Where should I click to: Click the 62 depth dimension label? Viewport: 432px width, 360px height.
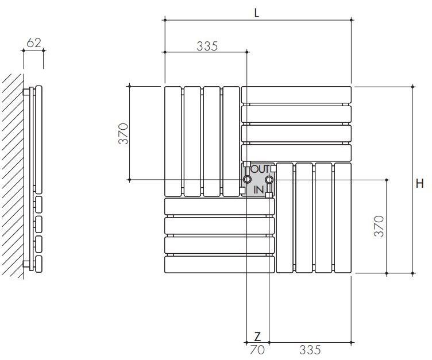[34, 42]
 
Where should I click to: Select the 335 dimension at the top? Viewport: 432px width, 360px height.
[207, 47]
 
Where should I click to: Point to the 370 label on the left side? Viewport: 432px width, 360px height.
[124, 133]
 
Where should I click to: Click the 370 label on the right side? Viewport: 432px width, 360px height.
[378, 226]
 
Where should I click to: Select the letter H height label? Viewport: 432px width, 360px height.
[421, 184]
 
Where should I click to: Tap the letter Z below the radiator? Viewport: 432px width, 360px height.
[257, 336]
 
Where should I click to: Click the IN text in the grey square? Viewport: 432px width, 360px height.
[259, 189]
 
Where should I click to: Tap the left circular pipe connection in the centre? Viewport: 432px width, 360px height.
[247, 180]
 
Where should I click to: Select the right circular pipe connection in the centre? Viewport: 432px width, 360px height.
[268, 180]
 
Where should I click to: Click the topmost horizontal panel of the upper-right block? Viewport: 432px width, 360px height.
[296, 95]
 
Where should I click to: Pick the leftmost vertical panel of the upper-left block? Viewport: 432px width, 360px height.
[173, 141]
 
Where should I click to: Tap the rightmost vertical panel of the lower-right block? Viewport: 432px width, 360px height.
[343, 218]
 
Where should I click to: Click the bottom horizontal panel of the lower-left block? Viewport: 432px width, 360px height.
[219, 264]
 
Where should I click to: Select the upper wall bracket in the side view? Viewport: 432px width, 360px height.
[26, 91]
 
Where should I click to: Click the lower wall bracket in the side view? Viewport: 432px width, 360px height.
[26, 264]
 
